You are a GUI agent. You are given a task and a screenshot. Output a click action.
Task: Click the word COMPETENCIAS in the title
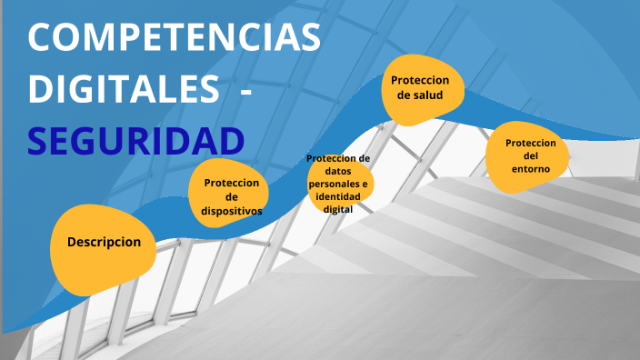[x=175, y=38]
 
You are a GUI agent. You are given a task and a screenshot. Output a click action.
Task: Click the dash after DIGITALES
[x=245, y=90]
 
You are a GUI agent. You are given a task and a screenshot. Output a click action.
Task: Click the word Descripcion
[x=104, y=243]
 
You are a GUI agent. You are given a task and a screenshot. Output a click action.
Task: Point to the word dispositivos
[x=232, y=210]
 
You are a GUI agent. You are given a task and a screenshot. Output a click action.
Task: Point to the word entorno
[x=530, y=168]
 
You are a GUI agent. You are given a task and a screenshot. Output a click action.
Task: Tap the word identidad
[x=338, y=196]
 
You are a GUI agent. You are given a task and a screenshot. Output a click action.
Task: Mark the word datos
[x=338, y=171]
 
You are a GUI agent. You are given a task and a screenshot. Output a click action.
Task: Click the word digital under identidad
[x=338, y=208]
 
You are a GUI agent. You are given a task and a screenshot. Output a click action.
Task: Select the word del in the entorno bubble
[x=531, y=155]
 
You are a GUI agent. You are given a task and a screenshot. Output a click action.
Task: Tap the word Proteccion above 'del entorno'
[x=531, y=143]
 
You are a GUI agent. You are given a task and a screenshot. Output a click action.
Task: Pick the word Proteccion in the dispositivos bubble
[x=232, y=182]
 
